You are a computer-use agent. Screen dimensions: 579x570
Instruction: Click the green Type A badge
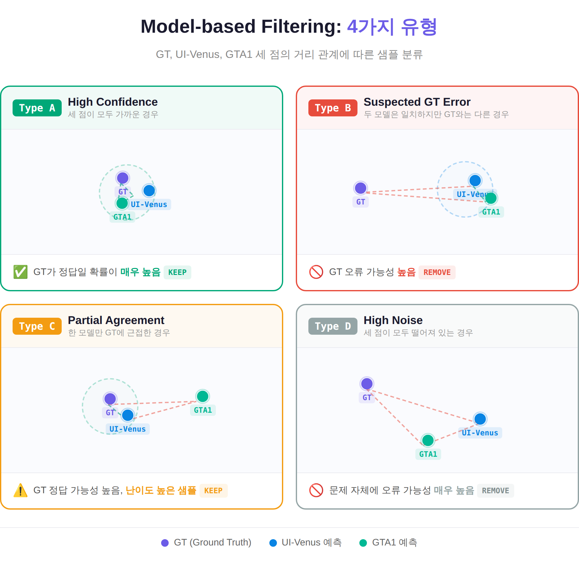tap(37, 108)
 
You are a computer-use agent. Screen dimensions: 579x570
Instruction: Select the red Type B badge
tap(333, 108)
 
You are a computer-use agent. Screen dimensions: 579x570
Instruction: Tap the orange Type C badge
tap(37, 326)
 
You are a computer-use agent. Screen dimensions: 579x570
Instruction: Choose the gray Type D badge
tap(333, 326)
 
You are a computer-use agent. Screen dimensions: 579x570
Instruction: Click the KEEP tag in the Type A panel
tap(177, 272)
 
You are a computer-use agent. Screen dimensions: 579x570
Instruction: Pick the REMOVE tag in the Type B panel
tap(437, 272)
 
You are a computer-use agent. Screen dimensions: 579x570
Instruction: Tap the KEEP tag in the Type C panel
tap(213, 490)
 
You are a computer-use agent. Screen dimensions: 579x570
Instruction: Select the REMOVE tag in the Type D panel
tap(496, 490)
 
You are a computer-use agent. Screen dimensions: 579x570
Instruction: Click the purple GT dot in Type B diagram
tap(361, 188)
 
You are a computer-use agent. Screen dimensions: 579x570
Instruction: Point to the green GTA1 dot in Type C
tap(203, 396)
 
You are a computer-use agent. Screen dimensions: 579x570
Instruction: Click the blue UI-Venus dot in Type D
tap(480, 419)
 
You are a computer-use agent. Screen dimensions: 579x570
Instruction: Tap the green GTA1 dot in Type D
tap(428, 440)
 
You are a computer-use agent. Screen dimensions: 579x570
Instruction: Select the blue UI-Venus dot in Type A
tap(149, 191)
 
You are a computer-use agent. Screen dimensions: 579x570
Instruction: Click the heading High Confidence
tap(113, 102)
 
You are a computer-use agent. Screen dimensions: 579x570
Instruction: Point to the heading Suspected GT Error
tap(417, 102)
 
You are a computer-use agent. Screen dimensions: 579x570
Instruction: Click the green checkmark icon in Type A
tap(20, 272)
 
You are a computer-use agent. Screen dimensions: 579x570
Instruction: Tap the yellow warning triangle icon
tap(20, 490)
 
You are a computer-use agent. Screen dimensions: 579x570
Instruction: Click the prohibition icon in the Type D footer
tap(316, 490)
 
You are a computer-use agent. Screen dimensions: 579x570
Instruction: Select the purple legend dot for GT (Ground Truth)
tap(165, 543)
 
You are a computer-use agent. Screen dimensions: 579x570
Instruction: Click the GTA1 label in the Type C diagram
tap(203, 410)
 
